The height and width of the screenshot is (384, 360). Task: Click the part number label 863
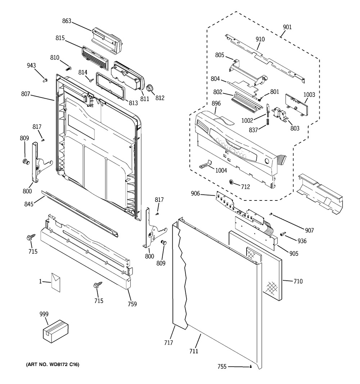coord(67,21)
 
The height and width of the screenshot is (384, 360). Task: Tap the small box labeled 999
coord(55,331)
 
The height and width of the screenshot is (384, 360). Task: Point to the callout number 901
coord(287,27)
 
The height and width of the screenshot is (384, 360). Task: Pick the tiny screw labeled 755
coord(251,366)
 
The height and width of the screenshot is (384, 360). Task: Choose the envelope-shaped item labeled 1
coord(56,283)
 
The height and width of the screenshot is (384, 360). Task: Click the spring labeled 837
coord(268,121)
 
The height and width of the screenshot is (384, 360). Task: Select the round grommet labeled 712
coord(231,182)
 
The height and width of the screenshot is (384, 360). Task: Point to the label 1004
coord(221,170)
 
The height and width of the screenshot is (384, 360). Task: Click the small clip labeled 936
coord(283,234)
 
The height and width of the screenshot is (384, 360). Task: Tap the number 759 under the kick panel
coord(132,304)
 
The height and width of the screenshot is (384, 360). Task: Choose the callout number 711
coord(194,351)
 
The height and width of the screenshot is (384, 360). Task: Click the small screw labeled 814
coord(91,80)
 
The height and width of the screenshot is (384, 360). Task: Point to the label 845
coord(29,204)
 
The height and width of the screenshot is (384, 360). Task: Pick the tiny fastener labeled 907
coord(271,214)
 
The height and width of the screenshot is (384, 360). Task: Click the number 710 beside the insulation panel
coord(298,281)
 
